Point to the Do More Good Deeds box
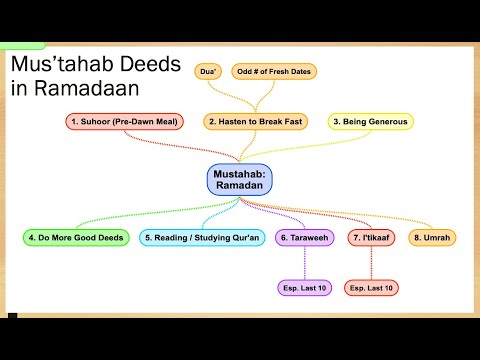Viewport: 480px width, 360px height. click(x=75, y=238)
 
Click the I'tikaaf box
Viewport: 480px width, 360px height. click(x=371, y=238)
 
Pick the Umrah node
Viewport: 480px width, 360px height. click(x=434, y=238)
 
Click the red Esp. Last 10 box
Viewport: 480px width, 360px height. click(x=371, y=288)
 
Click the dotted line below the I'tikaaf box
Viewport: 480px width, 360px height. click(x=371, y=263)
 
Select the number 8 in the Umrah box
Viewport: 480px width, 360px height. click(x=418, y=238)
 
